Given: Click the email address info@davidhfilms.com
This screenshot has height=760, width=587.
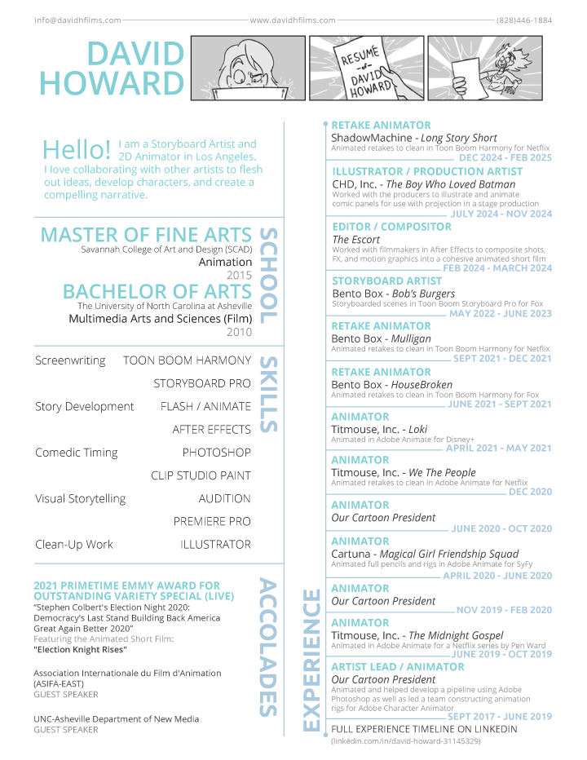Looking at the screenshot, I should coord(77,20).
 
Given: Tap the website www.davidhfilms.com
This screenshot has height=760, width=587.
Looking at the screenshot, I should coord(293,20).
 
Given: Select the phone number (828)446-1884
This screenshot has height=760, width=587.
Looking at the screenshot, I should coord(523,20).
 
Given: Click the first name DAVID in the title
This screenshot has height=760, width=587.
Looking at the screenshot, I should coord(135,54).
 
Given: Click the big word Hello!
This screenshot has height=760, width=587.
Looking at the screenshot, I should coord(77,150).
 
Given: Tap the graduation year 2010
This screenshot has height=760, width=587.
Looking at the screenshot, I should coord(239,332).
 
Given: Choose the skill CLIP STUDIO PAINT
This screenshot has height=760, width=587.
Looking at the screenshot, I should coord(201,475).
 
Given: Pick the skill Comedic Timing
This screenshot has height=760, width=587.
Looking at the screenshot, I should coord(76,453).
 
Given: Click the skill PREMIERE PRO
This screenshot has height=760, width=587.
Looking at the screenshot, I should coord(212,521).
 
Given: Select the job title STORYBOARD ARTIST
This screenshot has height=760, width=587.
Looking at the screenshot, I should coord(387,281).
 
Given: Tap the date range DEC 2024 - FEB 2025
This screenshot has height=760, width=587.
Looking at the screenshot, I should coord(505,157).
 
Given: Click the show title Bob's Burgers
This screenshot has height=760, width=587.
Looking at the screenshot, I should coord(423,294).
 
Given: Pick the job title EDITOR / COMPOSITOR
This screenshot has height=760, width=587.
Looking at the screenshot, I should coord(391,227).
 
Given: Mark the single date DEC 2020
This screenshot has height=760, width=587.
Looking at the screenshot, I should coord(530,492).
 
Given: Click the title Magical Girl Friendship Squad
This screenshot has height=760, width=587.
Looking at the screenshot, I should coord(447,554).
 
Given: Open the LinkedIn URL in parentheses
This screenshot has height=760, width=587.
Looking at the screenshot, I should coord(405,741).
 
